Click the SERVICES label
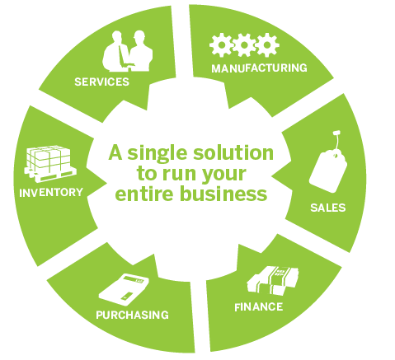point(102,82)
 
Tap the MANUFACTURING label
point(259,68)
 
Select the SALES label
point(328,208)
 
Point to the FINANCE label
point(259,306)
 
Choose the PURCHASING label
point(132,315)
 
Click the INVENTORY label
point(51,193)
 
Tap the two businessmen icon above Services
point(128,51)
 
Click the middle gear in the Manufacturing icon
point(244,45)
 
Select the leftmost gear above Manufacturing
point(221,45)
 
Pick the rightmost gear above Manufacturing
point(267,45)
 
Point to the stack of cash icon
point(272,281)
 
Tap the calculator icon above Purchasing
point(124,290)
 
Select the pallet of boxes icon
point(50,164)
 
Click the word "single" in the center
point(159,154)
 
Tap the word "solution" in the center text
point(233,153)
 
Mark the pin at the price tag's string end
point(336,133)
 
